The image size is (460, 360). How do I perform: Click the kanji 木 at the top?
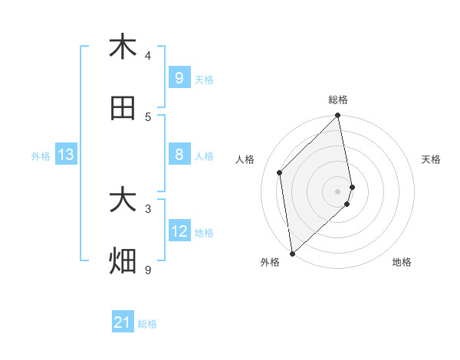123,47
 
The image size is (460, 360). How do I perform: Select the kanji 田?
123,109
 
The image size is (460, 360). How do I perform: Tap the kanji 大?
123,201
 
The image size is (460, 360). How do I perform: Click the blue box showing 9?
179,77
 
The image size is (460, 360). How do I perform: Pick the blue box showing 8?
179,155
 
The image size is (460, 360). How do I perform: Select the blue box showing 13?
66,155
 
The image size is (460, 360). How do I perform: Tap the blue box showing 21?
123,322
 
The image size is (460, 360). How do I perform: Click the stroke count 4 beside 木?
148,55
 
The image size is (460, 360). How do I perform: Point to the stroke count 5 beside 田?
148,117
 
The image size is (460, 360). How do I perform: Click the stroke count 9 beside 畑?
148,270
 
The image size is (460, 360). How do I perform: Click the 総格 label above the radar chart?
338,100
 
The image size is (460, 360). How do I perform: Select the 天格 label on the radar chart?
431,159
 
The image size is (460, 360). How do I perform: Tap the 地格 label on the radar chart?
402,262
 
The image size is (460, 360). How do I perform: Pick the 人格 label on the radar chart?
245,159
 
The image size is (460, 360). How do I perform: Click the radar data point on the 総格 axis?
338,116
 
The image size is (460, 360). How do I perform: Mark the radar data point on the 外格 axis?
292,253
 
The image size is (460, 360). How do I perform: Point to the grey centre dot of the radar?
338,190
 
